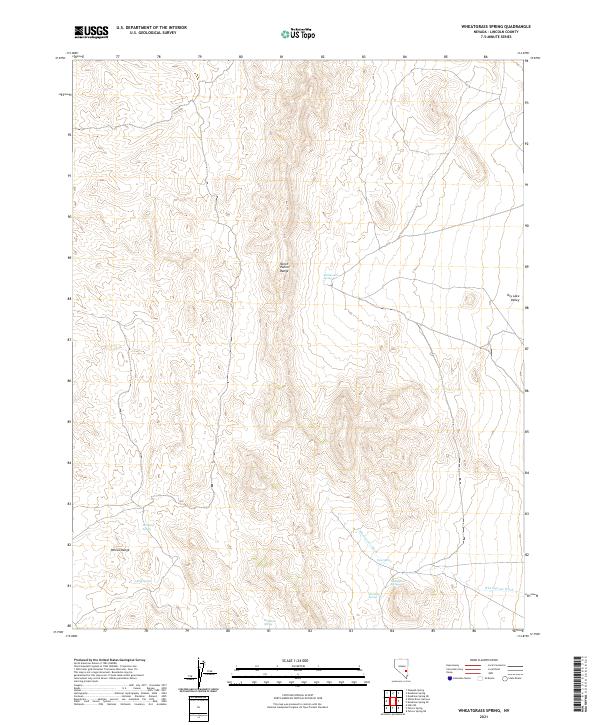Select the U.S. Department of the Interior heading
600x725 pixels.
(151, 28)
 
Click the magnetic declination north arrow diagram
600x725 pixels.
(199, 676)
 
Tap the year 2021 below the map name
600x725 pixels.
(487, 716)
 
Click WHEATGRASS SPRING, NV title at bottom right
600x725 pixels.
(487, 708)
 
